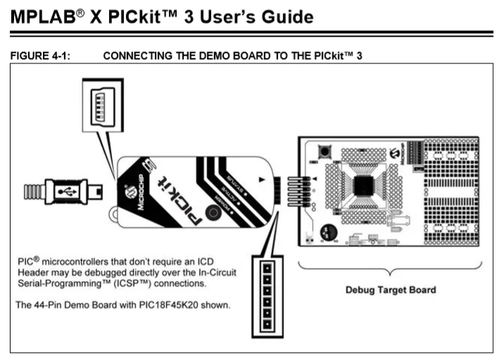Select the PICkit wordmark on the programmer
(x=173, y=198)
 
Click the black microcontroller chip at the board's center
(x=363, y=185)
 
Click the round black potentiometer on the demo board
(x=328, y=232)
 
